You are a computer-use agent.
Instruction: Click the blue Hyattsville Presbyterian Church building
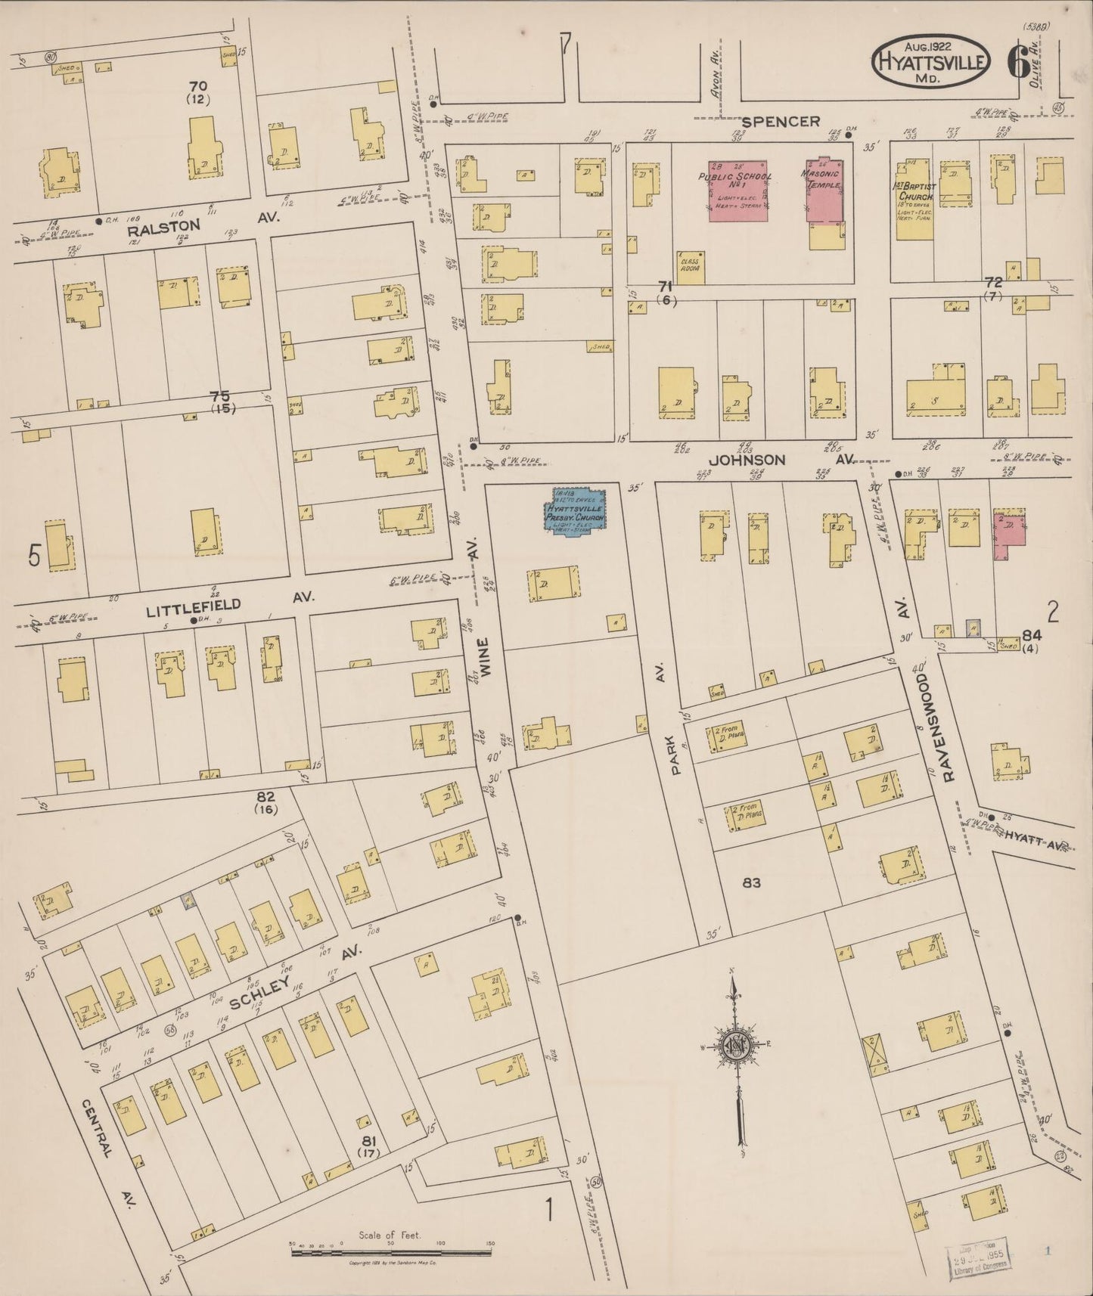tap(576, 511)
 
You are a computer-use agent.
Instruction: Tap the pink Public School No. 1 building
tap(738, 191)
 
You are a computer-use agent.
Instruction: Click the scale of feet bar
tap(393, 1252)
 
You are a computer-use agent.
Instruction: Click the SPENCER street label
tap(780, 121)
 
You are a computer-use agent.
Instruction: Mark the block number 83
tap(750, 882)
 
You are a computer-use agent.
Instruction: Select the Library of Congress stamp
tap(980, 1257)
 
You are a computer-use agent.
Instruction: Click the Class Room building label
tap(690, 267)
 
